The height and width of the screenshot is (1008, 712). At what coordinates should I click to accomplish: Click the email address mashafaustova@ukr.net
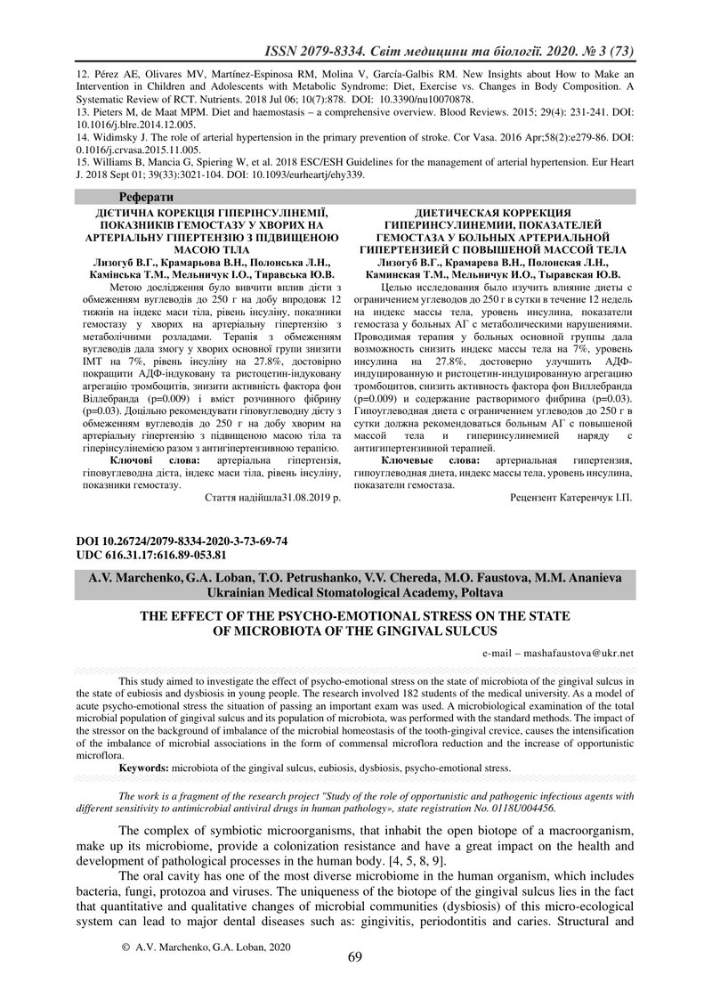click(583, 653)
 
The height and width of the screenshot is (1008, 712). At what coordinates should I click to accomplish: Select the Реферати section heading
click(146, 196)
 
